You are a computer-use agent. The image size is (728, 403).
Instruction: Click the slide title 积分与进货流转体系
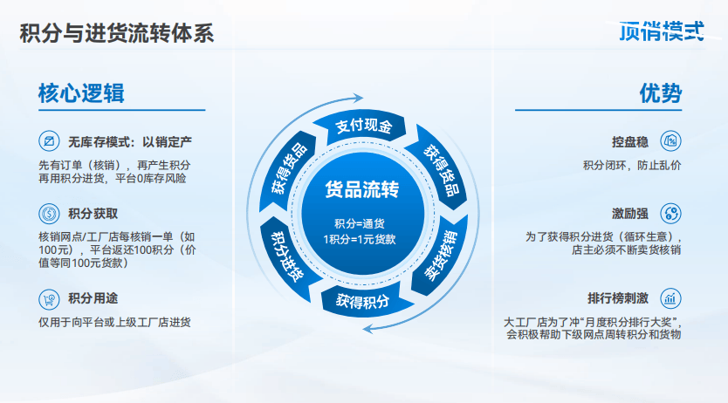(x=117, y=33)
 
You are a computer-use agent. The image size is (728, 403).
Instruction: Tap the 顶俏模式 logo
(x=662, y=31)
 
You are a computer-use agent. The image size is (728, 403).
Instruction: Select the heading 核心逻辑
(x=81, y=93)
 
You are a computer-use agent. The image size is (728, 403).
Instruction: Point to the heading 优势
(x=661, y=93)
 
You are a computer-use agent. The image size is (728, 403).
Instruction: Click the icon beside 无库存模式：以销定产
(x=49, y=141)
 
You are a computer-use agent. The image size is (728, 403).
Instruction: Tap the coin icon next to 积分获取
(x=49, y=214)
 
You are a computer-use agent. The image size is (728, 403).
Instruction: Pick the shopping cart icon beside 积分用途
(x=49, y=299)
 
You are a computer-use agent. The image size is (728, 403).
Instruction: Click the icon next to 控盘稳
(x=671, y=141)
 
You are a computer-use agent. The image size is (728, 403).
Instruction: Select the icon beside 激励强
(x=671, y=214)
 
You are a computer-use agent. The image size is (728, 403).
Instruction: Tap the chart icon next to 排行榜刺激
(x=671, y=298)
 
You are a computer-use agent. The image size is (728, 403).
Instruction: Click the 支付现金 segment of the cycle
(x=362, y=126)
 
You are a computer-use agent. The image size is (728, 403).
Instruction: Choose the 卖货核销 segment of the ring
(x=441, y=256)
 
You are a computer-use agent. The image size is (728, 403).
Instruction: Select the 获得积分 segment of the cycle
(x=363, y=301)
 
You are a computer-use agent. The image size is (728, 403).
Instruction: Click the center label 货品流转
(x=362, y=189)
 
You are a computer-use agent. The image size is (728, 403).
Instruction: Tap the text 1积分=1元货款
(x=360, y=239)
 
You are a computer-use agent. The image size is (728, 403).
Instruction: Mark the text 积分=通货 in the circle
(x=360, y=223)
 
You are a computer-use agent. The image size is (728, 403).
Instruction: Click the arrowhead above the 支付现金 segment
(x=358, y=98)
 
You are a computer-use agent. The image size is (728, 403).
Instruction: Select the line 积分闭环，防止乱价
(x=632, y=166)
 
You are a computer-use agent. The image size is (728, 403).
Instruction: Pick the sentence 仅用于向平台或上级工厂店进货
(x=114, y=322)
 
